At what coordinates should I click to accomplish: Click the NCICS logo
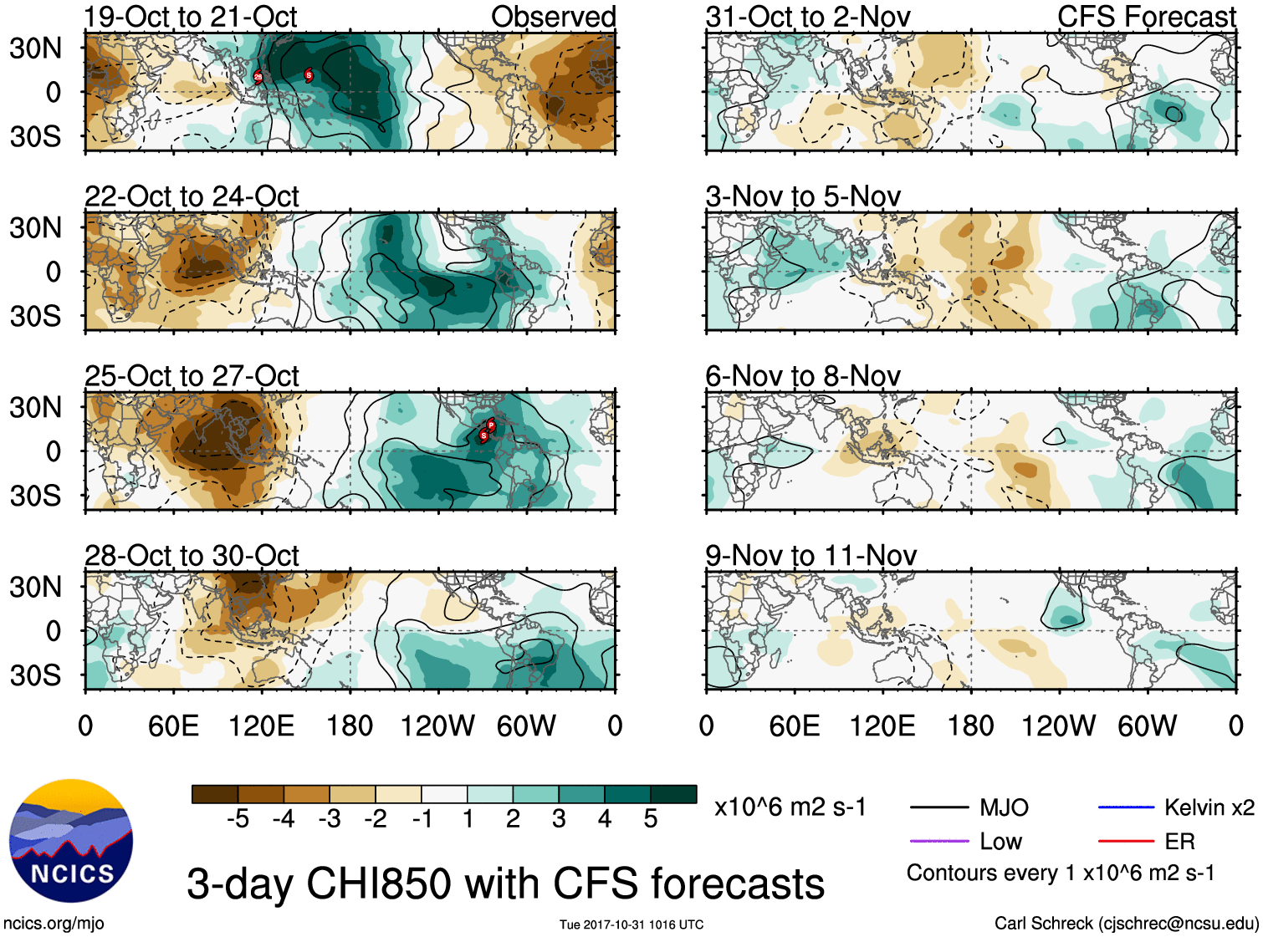click(x=70, y=840)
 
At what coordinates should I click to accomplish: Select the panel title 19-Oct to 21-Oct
click(x=191, y=17)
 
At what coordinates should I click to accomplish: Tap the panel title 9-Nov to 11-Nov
click(x=810, y=555)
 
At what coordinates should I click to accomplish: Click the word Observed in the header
click(x=553, y=17)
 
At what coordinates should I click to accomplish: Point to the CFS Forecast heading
click(x=1146, y=17)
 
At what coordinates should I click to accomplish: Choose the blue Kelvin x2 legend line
click(x=1126, y=807)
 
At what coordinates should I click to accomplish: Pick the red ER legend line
click(x=1126, y=841)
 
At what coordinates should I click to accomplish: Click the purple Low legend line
click(x=939, y=841)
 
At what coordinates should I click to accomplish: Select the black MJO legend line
click(x=939, y=807)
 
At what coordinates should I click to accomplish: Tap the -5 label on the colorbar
click(x=238, y=819)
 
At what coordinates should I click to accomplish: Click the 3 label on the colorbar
click(x=559, y=819)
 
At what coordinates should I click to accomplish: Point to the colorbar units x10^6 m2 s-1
click(x=790, y=807)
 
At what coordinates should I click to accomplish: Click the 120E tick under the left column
click(x=262, y=726)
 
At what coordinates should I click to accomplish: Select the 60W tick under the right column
click(x=1147, y=726)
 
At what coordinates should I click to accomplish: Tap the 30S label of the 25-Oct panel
click(x=35, y=496)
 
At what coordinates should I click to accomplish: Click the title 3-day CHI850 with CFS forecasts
click(x=505, y=884)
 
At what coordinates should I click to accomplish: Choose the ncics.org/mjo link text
click(x=54, y=924)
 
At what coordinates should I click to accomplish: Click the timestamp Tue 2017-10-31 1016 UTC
click(x=631, y=924)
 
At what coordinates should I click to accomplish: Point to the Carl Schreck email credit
click(x=1126, y=924)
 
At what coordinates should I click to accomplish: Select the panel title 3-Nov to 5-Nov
click(x=803, y=196)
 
